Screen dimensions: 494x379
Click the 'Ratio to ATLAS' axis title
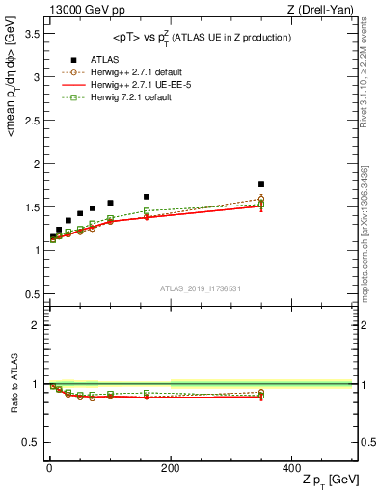[x=13, y=386]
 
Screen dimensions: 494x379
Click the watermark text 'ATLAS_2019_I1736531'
[x=201, y=288]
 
